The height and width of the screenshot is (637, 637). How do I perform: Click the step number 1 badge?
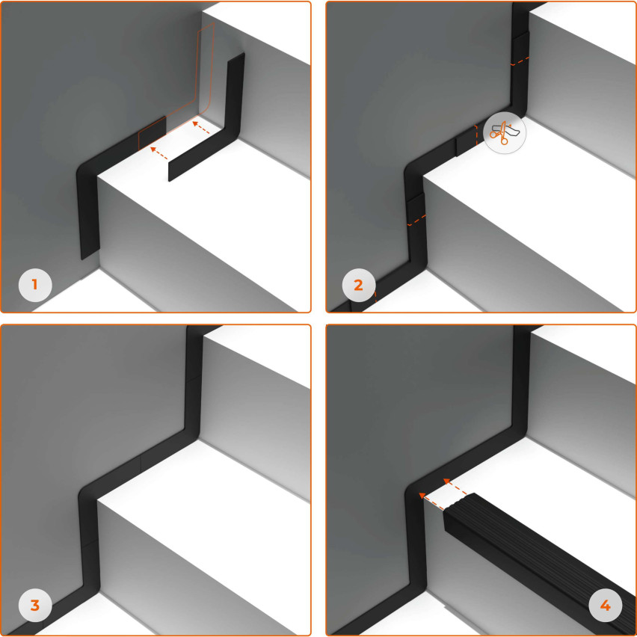pyautogui.click(x=35, y=285)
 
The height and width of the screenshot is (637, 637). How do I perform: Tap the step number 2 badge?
pyautogui.click(x=359, y=285)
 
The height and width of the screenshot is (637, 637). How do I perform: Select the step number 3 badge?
pyautogui.click(x=35, y=606)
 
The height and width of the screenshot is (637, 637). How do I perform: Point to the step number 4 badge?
pyautogui.click(x=606, y=606)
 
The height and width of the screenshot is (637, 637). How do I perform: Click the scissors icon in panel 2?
pyautogui.click(x=505, y=132)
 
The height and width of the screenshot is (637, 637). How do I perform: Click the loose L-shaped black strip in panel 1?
pyautogui.click(x=227, y=134)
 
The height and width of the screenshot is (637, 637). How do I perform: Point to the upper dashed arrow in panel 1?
pyautogui.click(x=201, y=127)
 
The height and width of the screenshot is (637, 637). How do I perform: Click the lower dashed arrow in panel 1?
pyautogui.click(x=159, y=153)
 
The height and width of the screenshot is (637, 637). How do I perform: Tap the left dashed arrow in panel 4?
pyautogui.click(x=431, y=502)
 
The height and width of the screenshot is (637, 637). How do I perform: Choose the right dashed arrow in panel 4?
pyautogui.click(x=455, y=487)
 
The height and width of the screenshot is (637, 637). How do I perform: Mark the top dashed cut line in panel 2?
pyautogui.click(x=520, y=62)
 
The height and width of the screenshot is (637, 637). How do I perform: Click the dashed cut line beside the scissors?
pyautogui.click(x=476, y=135)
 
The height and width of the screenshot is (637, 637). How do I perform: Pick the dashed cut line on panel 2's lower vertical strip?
pyautogui.click(x=416, y=221)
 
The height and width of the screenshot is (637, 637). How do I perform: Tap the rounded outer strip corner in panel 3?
pyautogui.click(x=84, y=491)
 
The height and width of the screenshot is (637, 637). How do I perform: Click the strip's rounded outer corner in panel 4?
pyautogui.click(x=411, y=490)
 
